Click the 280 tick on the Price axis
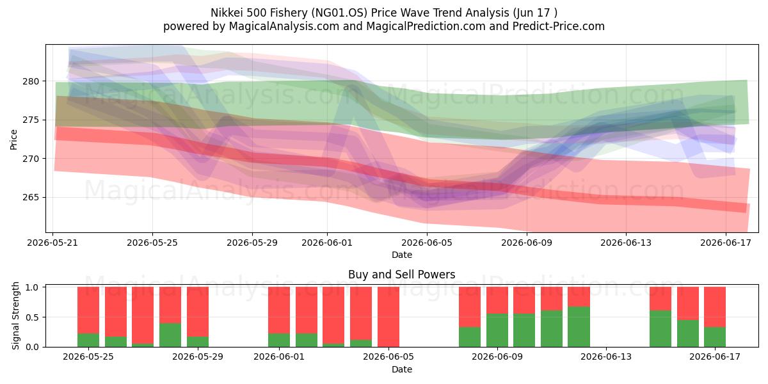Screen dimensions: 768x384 click(x=31, y=82)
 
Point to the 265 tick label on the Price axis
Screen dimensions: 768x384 click(x=31, y=198)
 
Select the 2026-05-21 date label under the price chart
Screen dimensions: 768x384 click(x=52, y=243)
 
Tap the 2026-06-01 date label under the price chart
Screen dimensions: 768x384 click(x=327, y=243)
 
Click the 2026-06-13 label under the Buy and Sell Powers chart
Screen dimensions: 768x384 click(x=606, y=357)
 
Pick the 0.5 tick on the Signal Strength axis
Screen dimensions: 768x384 click(x=32, y=317)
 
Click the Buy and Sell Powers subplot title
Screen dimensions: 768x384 click(x=401, y=275)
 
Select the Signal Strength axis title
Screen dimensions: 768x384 click(x=15, y=316)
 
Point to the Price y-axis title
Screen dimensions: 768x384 click(x=13, y=140)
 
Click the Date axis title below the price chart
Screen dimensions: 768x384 click(x=402, y=255)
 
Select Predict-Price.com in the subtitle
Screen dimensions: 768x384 click(x=559, y=26)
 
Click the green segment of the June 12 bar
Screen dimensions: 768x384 click(x=579, y=327)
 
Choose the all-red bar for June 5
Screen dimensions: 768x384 click(x=388, y=317)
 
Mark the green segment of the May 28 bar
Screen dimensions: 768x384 click(x=170, y=335)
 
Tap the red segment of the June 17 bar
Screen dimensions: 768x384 click(x=715, y=307)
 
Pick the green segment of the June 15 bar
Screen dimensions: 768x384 click(x=660, y=329)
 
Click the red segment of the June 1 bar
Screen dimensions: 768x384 click(x=279, y=310)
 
